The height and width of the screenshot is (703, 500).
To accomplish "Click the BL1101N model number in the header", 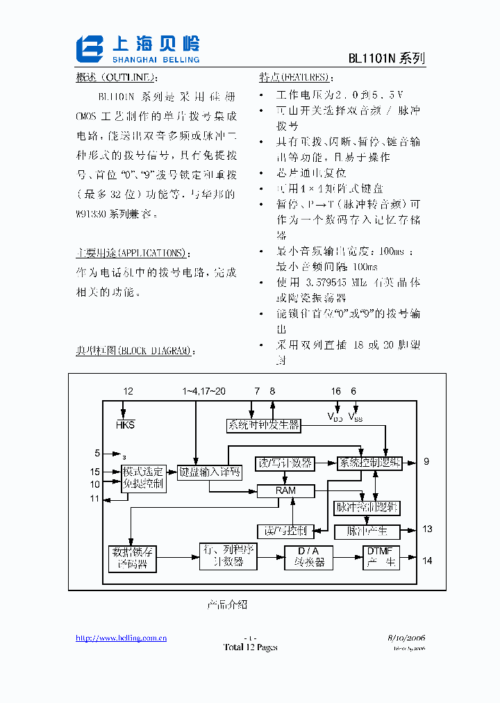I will point(372,59).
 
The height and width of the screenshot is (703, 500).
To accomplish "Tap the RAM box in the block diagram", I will point(285,490).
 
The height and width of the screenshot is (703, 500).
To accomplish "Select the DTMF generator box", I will point(381,557).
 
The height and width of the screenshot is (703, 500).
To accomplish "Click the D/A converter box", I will point(308,557).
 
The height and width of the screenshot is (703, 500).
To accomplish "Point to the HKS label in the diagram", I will point(126,424).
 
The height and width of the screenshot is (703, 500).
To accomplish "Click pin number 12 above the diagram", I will point(128,392).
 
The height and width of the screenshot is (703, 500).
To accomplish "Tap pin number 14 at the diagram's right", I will point(427,560).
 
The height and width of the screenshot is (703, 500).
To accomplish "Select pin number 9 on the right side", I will point(426,462).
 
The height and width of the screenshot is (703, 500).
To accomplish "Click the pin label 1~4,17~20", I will point(203,392).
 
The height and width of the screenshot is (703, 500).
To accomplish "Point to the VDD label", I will point(335,416).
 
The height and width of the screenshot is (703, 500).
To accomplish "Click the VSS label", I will point(355,416).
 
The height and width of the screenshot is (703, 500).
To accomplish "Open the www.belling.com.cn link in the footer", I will point(121,638).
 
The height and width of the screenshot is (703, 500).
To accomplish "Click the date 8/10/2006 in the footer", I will point(406,638).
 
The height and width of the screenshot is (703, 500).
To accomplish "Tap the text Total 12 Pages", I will point(250,647).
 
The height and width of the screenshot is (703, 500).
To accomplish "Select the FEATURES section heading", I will point(293,77).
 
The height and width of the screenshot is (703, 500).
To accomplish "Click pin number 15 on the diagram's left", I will point(95,472).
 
